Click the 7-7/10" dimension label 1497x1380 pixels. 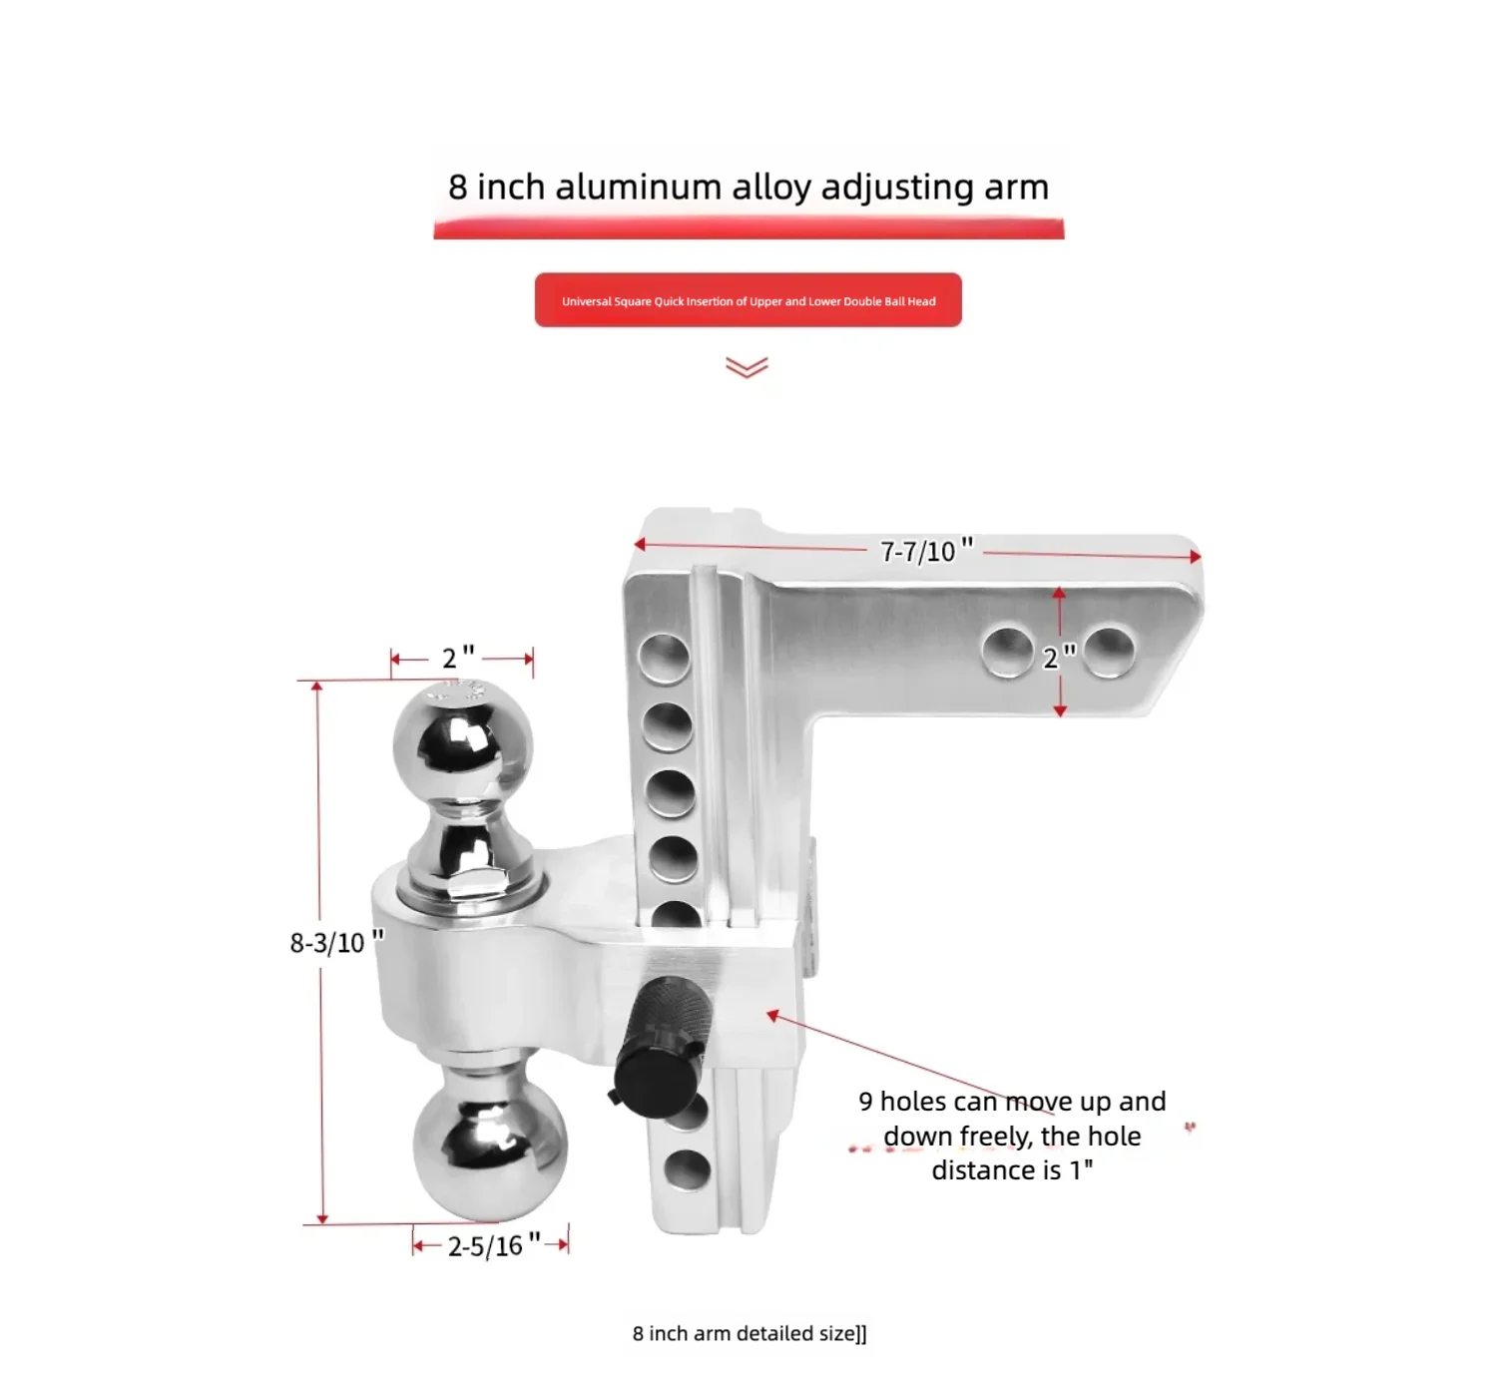[927, 550]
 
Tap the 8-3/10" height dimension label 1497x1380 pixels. [337, 941]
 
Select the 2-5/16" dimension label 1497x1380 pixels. [494, 1246]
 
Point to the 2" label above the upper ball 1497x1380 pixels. [458, 658]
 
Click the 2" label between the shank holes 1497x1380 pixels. [1059, 658]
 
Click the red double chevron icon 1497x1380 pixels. [747, 367]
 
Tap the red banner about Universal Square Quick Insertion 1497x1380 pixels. [748, 300]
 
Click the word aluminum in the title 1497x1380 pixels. [639, 187]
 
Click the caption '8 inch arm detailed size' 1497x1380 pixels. [749, 1333]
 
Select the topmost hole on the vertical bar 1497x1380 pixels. [664, 658]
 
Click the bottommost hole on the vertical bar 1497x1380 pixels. [687, 1169]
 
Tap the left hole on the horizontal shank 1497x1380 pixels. [1008, 652]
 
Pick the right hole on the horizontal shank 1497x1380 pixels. [1109, 652]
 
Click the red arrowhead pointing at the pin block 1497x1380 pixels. [772, 1015]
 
